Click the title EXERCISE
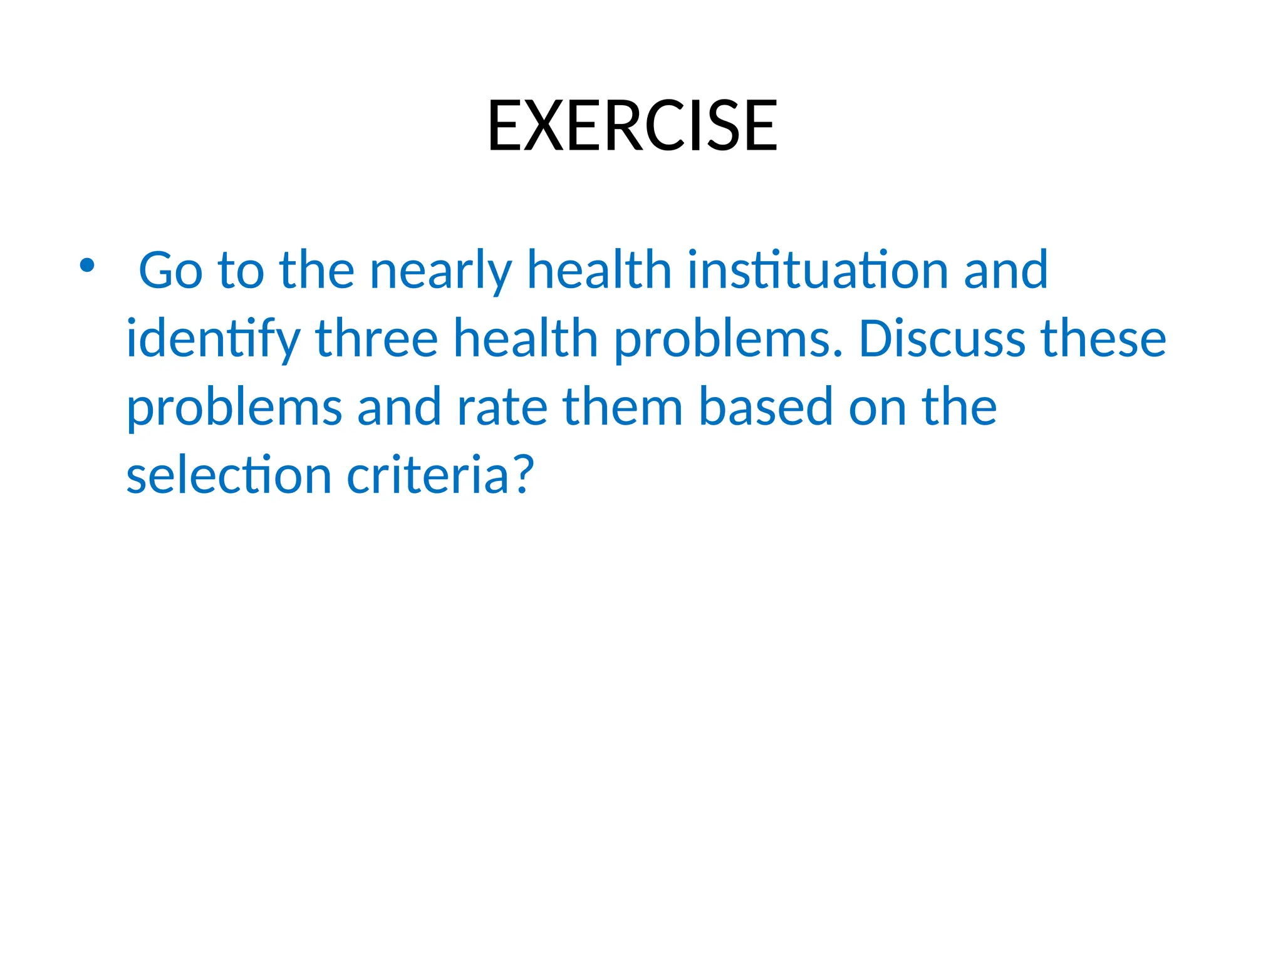632,127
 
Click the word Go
170,271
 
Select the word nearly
440,271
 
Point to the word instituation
818,271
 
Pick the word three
377,339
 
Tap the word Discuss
942,339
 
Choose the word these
1103,339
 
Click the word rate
502,407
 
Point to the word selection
229,475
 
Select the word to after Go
241,271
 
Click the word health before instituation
600,271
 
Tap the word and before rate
399,407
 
